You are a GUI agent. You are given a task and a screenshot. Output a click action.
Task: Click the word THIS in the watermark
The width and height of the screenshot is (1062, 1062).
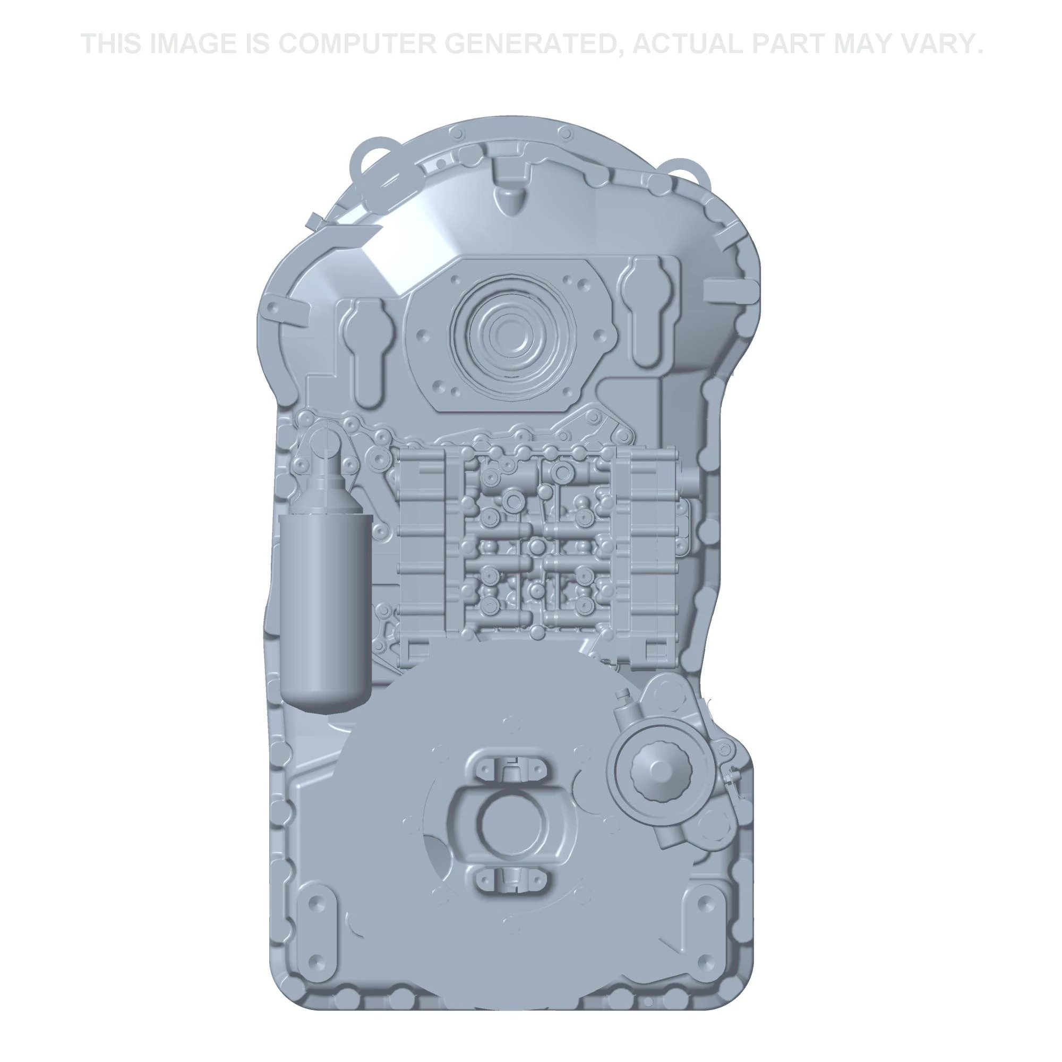tap(112, 44)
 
